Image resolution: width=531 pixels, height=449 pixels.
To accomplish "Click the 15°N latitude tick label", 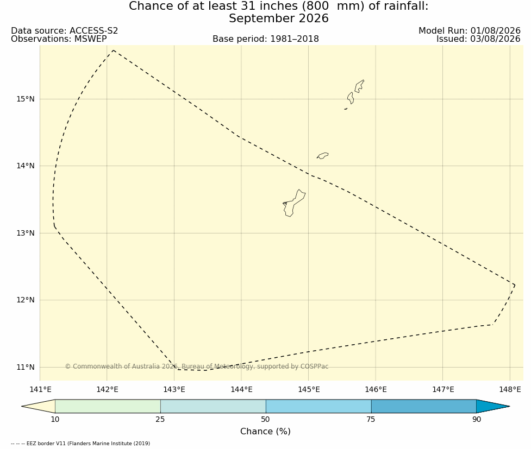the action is coord(26,99).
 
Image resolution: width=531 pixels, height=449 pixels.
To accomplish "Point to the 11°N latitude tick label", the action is coord(26,367).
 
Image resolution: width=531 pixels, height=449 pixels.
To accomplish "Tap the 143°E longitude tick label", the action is coord(174,389).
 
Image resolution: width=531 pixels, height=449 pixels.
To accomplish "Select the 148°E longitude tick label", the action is coord(510,389).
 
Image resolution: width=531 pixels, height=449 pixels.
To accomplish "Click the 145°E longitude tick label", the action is coord(309,389).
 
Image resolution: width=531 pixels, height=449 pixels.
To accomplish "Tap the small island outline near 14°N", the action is coord(322,156).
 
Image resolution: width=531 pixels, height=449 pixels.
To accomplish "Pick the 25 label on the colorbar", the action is coord(160,420).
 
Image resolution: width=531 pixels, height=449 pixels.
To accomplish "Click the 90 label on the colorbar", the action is coord(477,420).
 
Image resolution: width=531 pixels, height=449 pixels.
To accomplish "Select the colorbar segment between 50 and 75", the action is coord(318,406).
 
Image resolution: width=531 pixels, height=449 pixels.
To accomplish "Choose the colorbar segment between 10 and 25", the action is coord(108,406).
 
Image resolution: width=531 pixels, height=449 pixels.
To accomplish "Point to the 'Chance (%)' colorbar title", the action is coord(265,432).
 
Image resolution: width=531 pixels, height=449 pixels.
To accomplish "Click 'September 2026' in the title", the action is coord(279,18).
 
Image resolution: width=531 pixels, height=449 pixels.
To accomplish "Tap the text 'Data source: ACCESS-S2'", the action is coord(64,31).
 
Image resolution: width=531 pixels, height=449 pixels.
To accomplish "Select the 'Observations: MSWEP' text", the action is coord(59,39).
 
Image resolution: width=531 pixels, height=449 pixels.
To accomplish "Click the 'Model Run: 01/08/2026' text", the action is coord(470,31).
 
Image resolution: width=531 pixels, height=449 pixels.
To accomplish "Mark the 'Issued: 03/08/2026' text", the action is coord(478,39).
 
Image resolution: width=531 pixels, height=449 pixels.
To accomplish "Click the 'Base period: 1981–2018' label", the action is coord(265,39).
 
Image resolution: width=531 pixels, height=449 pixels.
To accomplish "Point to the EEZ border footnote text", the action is coord(80,443).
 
